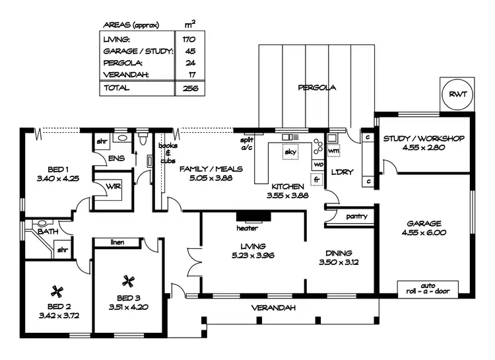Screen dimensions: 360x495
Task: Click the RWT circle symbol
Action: point(457,94)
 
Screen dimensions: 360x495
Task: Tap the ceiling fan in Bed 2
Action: point(58,290)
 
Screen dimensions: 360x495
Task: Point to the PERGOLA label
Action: point(317,87)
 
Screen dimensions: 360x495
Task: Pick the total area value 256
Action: point(189,88)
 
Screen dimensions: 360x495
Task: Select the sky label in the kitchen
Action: point(290,153)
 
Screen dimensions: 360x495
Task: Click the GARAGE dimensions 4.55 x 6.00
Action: point(424,233)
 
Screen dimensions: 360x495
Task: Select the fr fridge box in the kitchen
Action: point(317,179)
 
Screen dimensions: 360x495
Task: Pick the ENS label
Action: point(116,158)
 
